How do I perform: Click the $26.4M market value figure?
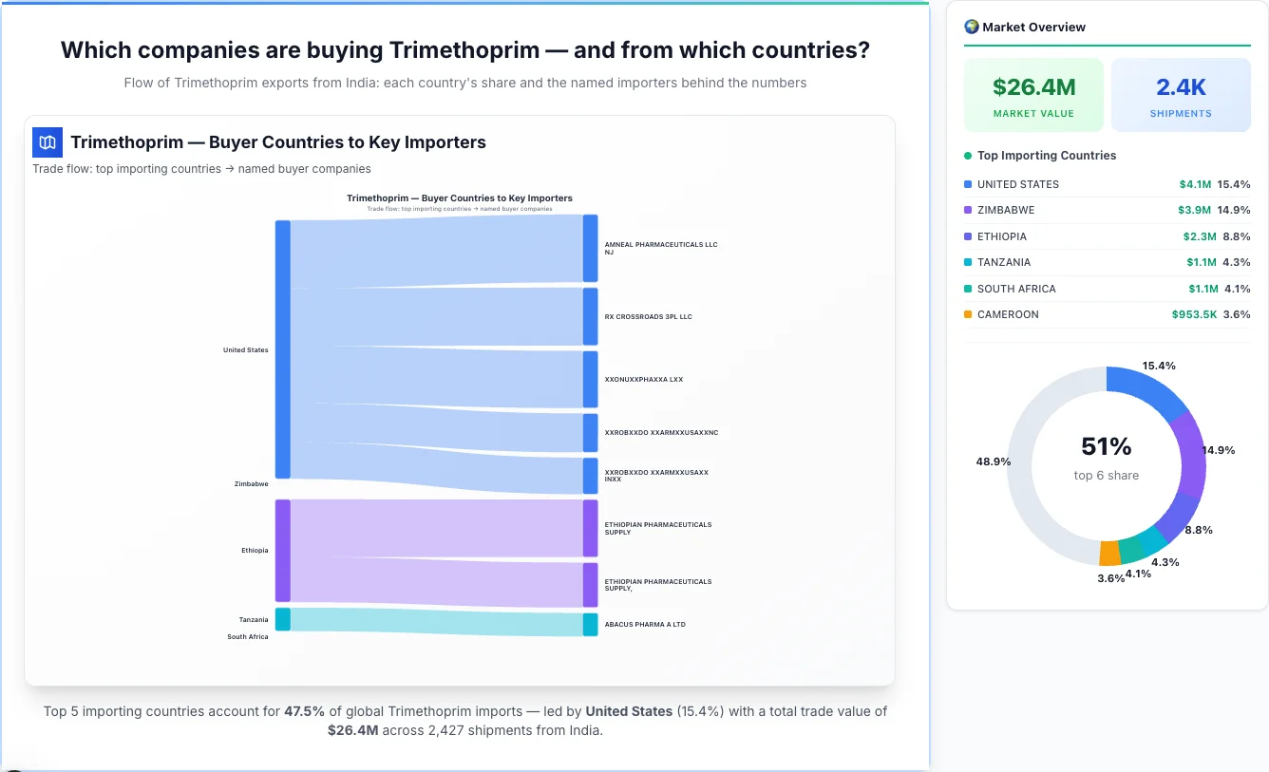1033,87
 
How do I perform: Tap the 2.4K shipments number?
1181,87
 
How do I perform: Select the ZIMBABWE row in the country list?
1005,210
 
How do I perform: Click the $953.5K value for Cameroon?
1194,314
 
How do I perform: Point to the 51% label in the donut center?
1107,446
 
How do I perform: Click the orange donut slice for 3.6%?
1109,553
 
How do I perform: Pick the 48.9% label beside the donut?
993,461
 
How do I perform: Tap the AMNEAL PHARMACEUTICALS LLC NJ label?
660,248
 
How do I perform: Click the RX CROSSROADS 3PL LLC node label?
648,316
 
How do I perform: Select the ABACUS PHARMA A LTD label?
644,625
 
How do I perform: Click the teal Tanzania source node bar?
283,619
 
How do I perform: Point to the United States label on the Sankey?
245,350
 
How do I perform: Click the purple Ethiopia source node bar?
283,551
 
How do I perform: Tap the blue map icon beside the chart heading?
47,142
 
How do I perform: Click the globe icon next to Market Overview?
971,27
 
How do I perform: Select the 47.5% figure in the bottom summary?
304,711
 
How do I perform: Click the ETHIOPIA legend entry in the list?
1001,236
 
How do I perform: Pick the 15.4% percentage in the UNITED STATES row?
1233,184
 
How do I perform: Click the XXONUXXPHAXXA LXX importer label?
643,380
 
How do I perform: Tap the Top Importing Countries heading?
1046,156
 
